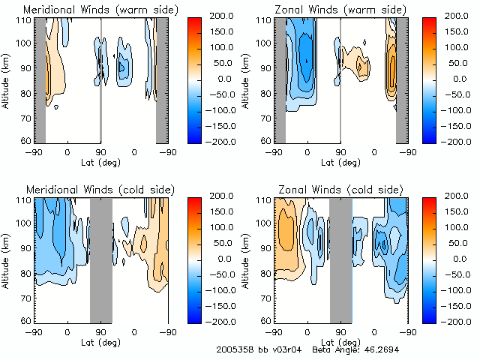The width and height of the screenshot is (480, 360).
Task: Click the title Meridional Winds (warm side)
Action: (x=91, y=10)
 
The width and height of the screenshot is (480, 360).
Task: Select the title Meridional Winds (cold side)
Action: (x=91, y=190)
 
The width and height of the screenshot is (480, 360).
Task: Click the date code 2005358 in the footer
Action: (x=235, y=349)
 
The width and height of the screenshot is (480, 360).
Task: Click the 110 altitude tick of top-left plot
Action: (x=25, y=20)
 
